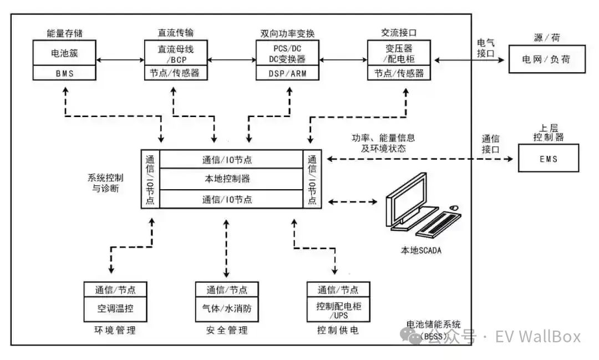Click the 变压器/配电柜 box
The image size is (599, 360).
tap(398, 53)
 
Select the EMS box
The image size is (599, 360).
tap(547, 159)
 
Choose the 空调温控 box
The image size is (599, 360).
tap(115, 308)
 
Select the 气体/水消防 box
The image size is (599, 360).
tap(227, 308)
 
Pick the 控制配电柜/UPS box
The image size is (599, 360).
tap(338, 310)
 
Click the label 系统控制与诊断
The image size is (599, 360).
tap(105, 182)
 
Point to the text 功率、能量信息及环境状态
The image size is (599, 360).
tap(383, 143)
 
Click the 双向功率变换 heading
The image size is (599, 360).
tap(286, 33)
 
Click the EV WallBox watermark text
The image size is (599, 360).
tap(537, 336)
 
